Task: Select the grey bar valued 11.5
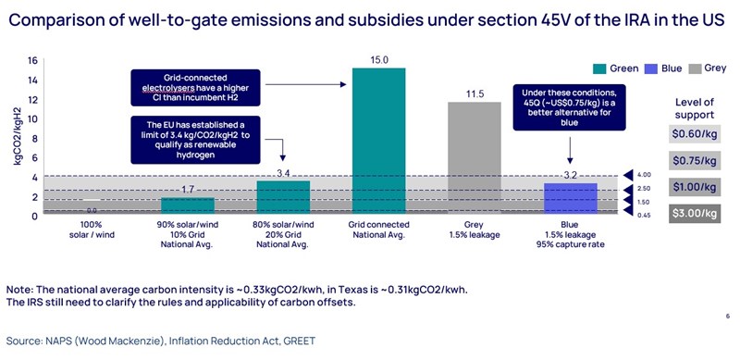pos(475,157)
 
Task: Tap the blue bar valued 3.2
pos(570,198)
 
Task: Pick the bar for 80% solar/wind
pos(282,197)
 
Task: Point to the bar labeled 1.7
pos(188,205)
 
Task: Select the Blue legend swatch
pos(649,67)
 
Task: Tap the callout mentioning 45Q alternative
pos(570,108)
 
